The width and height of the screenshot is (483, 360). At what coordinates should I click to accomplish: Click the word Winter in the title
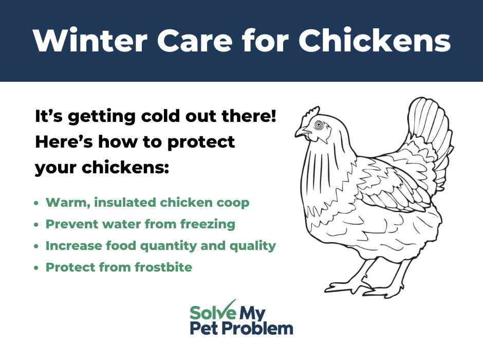point(90,41)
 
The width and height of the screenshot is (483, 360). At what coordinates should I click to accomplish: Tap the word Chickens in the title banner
point(375,41)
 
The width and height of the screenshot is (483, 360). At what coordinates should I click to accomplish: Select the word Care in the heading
point(195,41)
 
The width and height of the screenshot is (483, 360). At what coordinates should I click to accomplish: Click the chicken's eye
point(319,124)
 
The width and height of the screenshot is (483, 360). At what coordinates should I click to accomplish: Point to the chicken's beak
point(303,132)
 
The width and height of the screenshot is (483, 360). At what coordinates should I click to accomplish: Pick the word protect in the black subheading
point(201,142)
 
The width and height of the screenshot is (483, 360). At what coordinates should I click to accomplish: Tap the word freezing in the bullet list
point(208,225)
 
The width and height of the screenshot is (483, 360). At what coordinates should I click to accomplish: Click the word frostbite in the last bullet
point(163,267)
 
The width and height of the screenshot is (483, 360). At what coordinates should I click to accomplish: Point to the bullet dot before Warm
point(36,203)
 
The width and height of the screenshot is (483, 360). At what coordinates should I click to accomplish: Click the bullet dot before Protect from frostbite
point(36,268)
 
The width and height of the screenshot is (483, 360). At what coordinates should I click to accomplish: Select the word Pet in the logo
point(204,328)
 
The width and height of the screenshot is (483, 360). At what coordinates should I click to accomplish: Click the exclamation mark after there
point(273,116)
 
